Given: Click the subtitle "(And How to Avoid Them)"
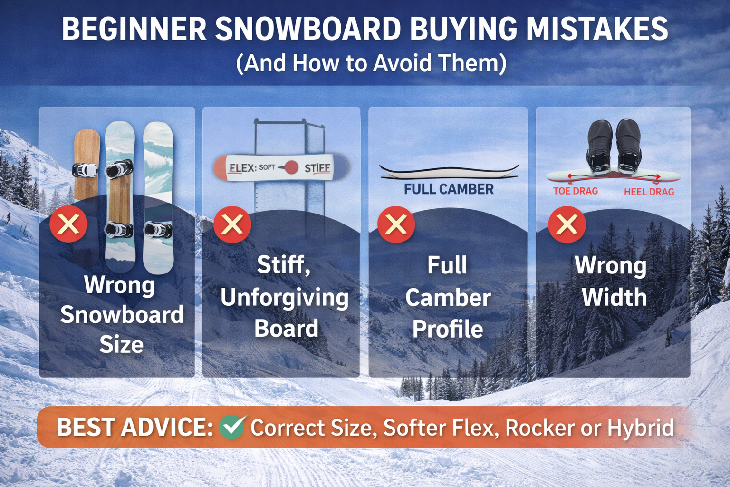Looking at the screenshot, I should (371, 63).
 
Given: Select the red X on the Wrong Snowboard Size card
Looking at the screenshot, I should (68, 224).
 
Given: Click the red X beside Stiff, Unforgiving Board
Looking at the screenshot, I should (232, 224).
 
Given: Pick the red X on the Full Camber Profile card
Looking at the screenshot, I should (396, 224).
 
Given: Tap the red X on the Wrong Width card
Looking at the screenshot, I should (567, 224).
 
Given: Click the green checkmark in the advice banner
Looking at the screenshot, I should (232, 427).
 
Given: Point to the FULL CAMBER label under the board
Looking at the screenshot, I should (449, 189).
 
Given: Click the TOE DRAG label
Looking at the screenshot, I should (575, 191).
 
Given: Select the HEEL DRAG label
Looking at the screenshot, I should (649, 192).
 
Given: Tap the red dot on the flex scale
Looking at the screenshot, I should (291, 167).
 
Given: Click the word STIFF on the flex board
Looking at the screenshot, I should (317, 168).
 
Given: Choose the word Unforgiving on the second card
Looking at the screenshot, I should (284, 298).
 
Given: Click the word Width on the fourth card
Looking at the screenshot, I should (614, 298).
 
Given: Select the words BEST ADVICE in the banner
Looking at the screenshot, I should (135, 427).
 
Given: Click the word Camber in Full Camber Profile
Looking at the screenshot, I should (448, 298).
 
